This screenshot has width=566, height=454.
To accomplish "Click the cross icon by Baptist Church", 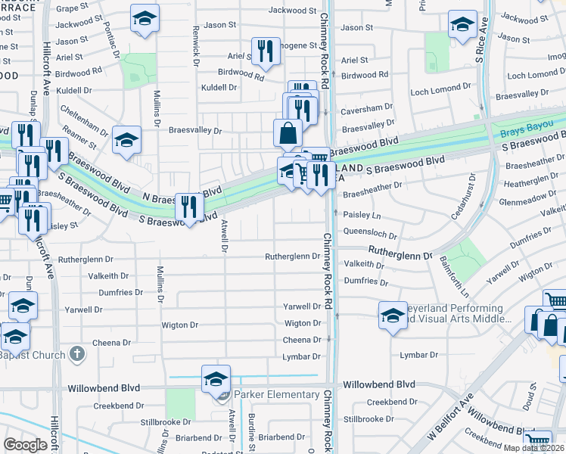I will (76, 353).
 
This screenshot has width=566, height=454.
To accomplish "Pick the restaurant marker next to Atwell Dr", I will (188, 207).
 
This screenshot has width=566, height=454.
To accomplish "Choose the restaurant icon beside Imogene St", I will (266, 51).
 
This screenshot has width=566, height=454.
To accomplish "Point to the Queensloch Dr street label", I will (370, 235).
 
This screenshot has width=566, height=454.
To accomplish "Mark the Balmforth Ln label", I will (453, 276).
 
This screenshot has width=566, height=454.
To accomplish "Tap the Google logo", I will (25, 445).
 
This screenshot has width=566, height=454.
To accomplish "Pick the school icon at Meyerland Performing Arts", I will (393, 314).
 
